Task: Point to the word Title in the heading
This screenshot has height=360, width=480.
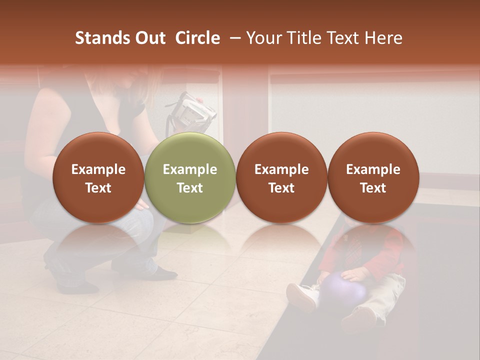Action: (x=302, y=38)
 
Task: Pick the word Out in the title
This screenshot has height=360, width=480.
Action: (x=148, y=38)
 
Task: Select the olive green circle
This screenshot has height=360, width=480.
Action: (x=190, y=178)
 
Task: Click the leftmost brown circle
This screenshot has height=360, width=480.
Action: (x=98, y=178)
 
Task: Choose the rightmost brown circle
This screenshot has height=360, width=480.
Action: (x=373, y=178)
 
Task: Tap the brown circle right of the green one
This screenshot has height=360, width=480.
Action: (x=281, y=178)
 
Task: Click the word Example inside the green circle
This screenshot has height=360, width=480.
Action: (x=190, y=169)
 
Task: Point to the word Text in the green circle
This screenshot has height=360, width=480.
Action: (x=190, y=188)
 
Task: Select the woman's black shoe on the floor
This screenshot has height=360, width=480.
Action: (x=162, y=273)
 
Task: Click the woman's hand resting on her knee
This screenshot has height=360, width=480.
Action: (x=141, y=204)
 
